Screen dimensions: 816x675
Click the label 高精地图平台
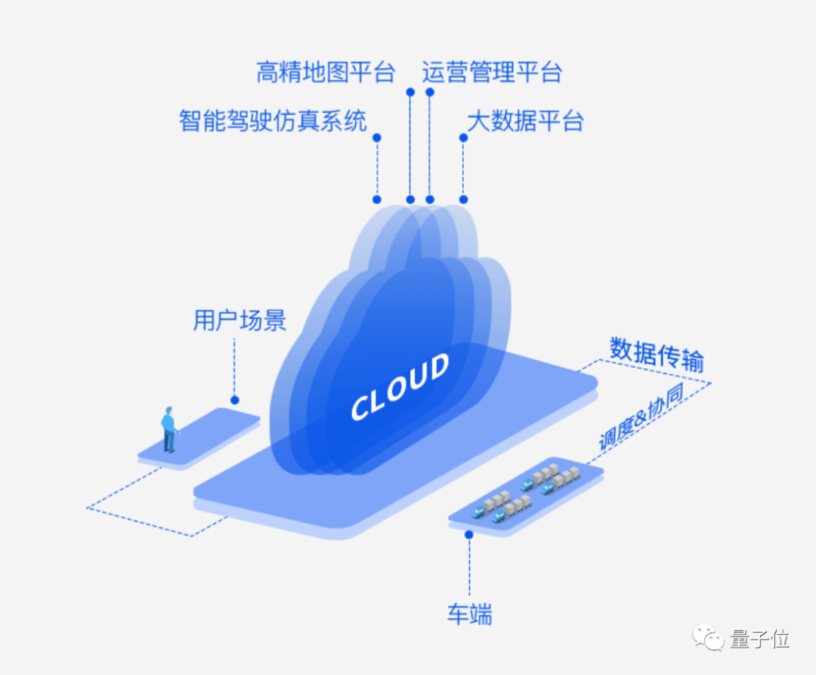pos(326,73)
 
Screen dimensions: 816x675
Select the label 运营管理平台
pos(492,73)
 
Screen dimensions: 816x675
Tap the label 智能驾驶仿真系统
pos(273,121)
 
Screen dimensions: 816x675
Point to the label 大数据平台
pos(525,121)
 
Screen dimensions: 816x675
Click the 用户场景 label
pos(240,320)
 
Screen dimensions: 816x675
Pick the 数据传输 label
pos(657,355)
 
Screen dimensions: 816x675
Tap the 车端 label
pos(470,614)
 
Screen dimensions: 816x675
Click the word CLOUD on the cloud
pos(400,387)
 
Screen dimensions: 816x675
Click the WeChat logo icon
pos(708,637)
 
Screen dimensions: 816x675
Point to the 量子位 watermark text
pos(760,639)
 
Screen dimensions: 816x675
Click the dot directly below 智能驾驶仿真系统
pos(377,138)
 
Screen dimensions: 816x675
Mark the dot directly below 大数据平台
pos(463,138)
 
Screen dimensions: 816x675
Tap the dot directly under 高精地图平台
pos(410,92)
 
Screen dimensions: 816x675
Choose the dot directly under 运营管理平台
pos(429,92)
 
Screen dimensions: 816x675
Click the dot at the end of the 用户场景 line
pos(235,400)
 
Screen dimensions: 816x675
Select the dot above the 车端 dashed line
pos(469,534)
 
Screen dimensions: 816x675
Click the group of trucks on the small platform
pos(526,492)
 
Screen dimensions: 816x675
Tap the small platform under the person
pos(199,438)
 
